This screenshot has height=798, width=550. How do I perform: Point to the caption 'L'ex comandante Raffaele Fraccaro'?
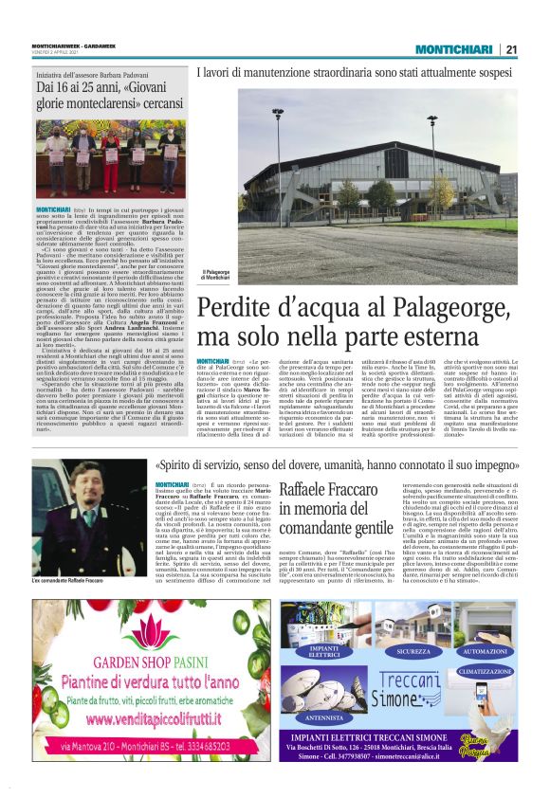(x=68, y=579)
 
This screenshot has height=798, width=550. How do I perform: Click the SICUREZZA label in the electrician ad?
(x=412, y=652)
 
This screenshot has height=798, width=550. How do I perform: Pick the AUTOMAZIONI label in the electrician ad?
(x=485, y=652)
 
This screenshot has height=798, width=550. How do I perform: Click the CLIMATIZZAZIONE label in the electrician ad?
(x=484, y=670)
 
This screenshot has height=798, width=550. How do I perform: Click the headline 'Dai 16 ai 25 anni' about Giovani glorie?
(x=110, y=95)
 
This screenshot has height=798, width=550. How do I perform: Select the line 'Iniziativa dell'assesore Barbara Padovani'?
(x=93, y=73)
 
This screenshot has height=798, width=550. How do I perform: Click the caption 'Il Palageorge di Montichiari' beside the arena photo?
(x=216, y=274)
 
